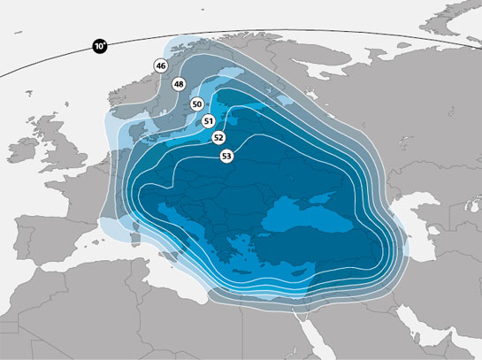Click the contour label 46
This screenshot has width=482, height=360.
click(x=160, y=65)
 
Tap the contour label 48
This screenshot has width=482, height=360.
click(x=179, y=85)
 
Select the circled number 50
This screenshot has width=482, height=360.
click(x=196, y=104)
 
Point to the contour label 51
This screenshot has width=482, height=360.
click(x=209, y=121)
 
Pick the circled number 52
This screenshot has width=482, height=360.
click(x=218, y=138)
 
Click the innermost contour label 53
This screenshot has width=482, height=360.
click(x=227, y=156)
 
